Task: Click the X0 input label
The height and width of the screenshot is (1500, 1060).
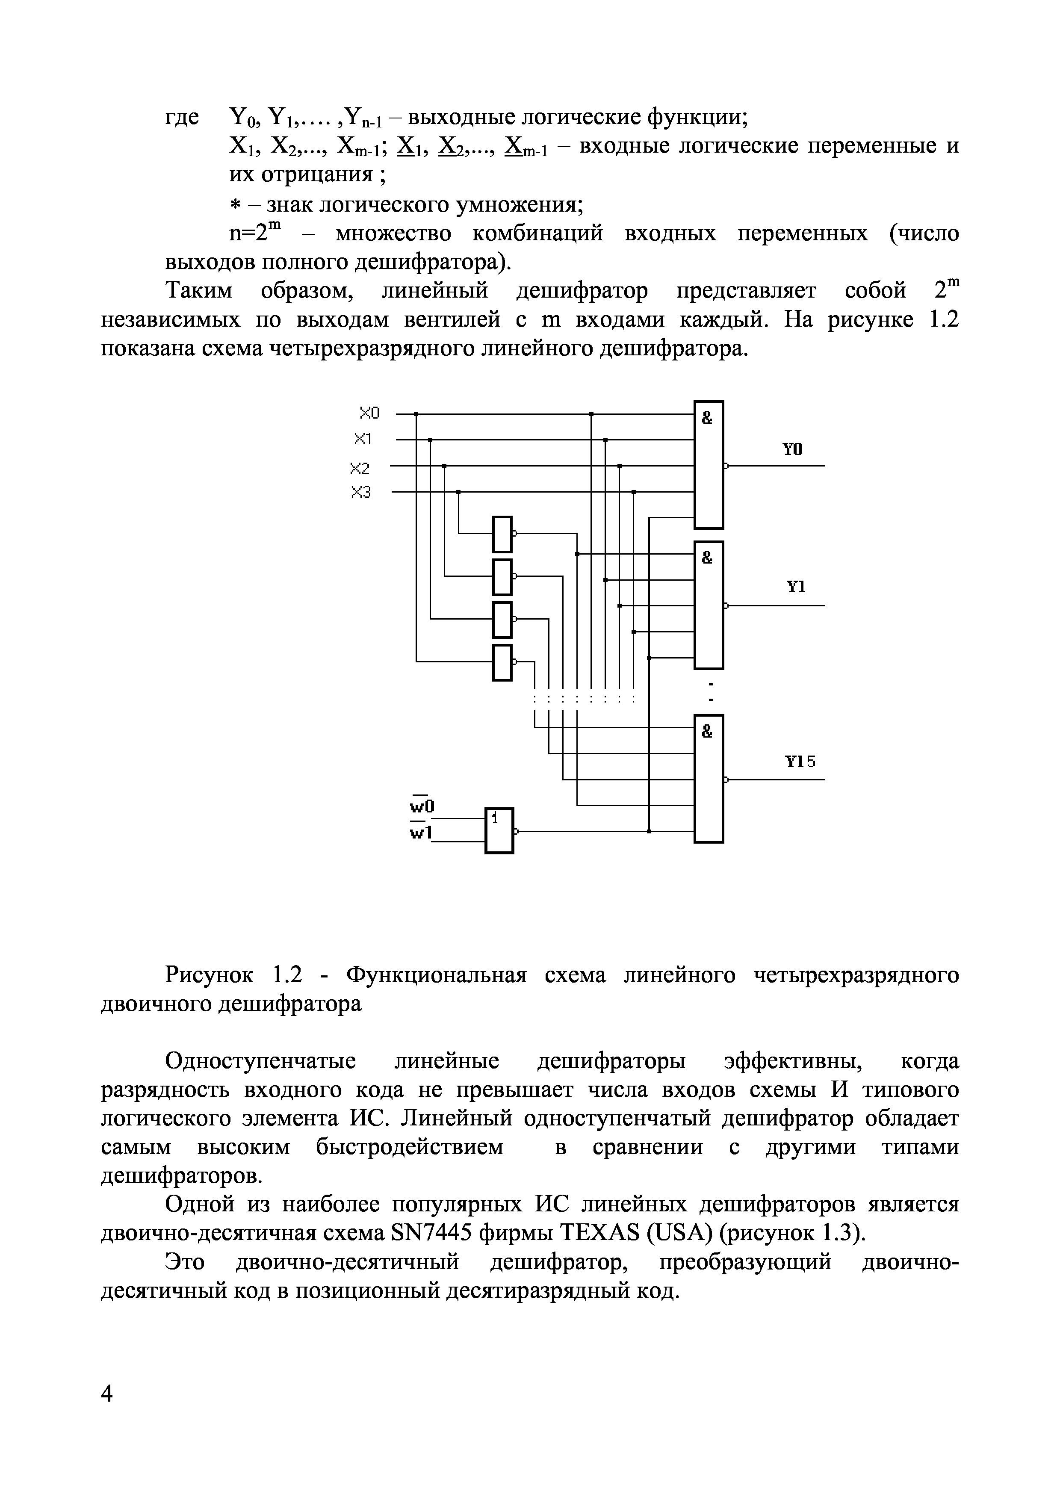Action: click(x=369, y=413)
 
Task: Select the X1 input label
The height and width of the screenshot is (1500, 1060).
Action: click(x=363, y=438)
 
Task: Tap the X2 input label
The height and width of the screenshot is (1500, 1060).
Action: click(x=360, y=468)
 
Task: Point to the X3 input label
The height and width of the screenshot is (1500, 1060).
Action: click(x=360, y=493)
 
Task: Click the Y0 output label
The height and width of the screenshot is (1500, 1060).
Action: click(x=792, y=449)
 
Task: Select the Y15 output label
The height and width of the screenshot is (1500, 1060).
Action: click(x=800, y=761)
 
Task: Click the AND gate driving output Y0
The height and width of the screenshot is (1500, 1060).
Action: click(x=709, y=464)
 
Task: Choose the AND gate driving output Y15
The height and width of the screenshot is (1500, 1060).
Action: click(x=709, y=779)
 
